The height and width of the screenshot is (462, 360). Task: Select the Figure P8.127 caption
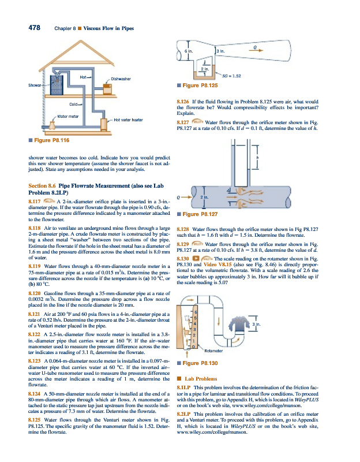click(200, 214)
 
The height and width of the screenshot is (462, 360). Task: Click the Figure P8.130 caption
click(200, 363)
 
